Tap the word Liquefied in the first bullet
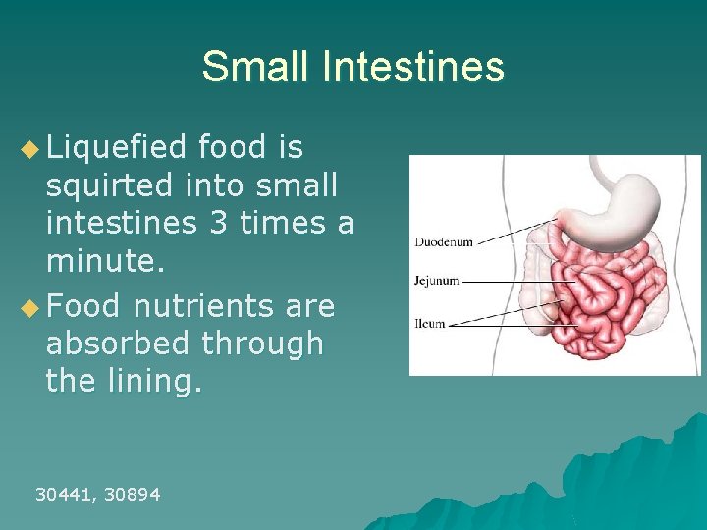[116, 148]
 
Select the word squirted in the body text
[108, 185]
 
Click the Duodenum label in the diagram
[443, 241]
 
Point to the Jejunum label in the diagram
[436, 281]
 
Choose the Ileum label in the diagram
[429, 323]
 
